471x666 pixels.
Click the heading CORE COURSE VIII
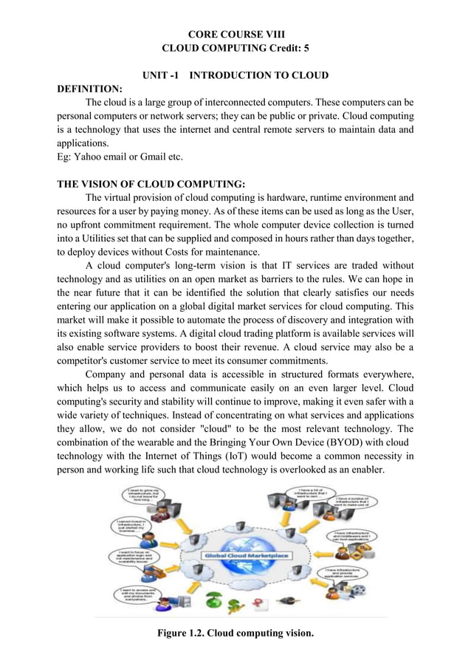(235, 34)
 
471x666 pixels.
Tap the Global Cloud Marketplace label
(247, 555)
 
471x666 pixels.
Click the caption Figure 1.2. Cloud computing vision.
(235, 633)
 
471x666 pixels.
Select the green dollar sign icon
(234, 603)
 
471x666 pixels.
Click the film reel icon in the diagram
(359, 591)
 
